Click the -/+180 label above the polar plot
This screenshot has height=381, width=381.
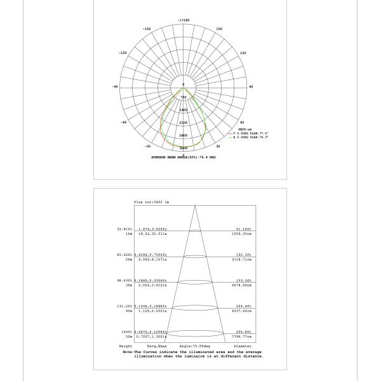184,21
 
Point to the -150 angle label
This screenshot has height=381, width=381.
147,29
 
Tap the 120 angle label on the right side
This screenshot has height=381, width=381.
243,53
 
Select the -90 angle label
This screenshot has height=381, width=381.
115,86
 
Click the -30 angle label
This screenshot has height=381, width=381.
147,146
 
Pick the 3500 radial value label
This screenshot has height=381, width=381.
184,148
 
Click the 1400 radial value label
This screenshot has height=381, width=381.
184,110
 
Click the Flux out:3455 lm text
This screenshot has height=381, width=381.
151,202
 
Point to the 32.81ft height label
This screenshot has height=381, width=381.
124,229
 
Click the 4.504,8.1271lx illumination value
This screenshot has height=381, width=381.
151,260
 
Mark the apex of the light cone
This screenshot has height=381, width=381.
194,206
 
